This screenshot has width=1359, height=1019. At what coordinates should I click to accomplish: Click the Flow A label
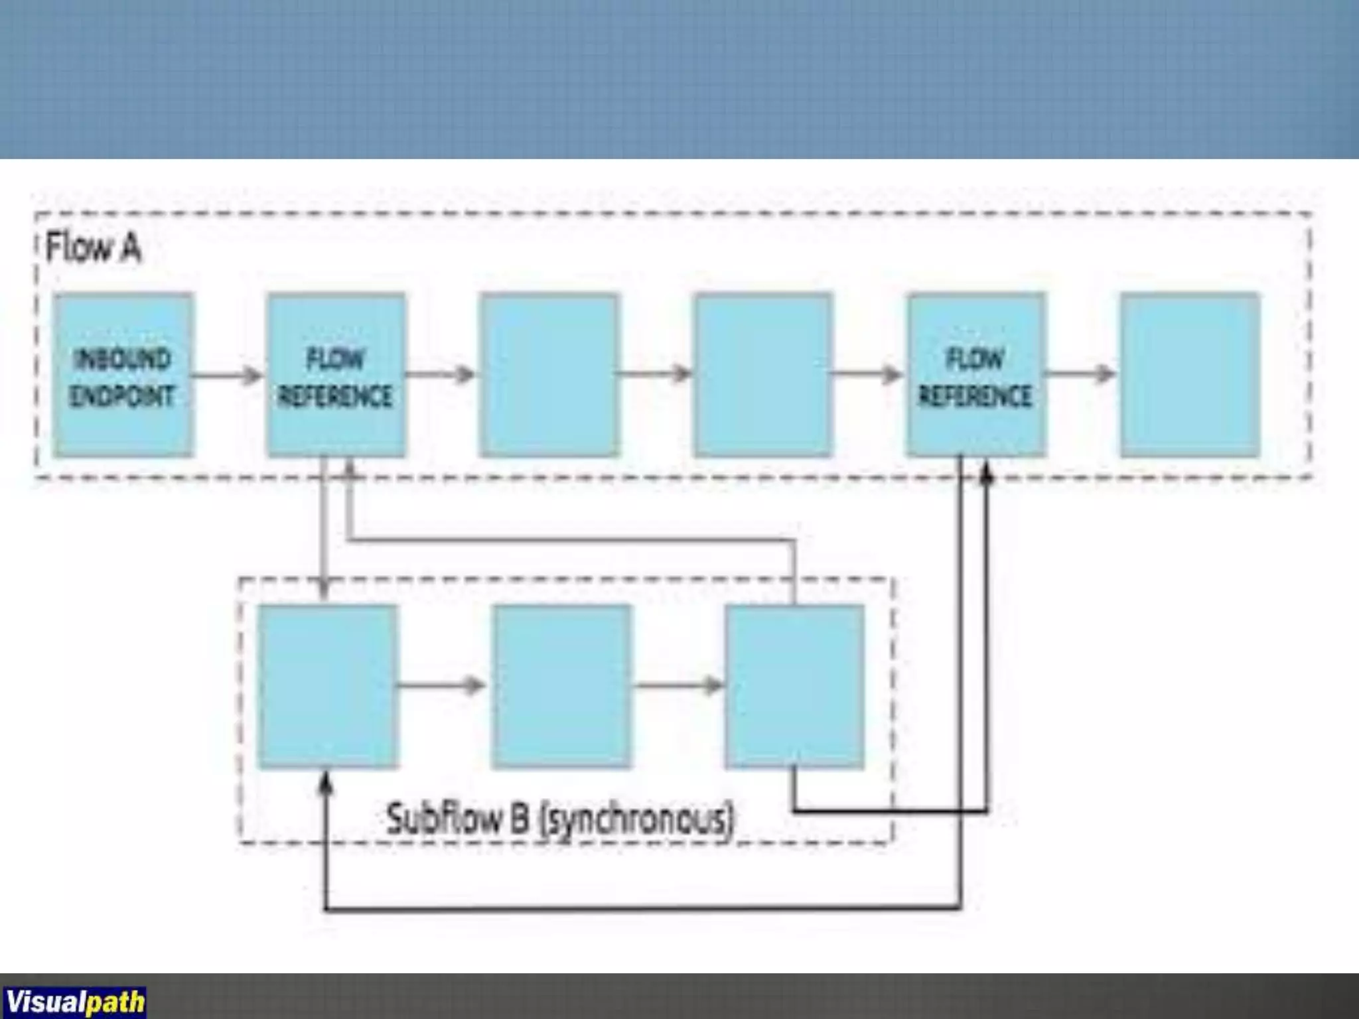93,249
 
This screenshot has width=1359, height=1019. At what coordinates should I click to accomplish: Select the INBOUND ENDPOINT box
123,375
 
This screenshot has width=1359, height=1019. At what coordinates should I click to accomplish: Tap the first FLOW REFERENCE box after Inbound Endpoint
336,375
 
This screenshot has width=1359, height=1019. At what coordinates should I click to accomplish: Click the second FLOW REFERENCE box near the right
975,375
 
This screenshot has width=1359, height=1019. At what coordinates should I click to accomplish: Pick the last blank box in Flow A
1190,375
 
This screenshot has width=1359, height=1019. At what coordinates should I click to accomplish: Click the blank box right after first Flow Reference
549,375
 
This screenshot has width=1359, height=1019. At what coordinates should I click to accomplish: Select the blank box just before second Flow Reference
763,375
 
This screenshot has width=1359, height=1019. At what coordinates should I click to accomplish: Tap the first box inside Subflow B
328,687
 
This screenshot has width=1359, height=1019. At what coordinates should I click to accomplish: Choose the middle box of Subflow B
561,687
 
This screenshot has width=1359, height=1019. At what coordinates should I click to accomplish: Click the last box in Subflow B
794,687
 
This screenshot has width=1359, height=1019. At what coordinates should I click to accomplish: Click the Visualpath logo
74,1001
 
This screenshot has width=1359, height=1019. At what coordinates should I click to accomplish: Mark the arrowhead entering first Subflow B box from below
325,784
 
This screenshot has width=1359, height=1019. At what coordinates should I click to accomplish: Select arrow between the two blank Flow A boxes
656,374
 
